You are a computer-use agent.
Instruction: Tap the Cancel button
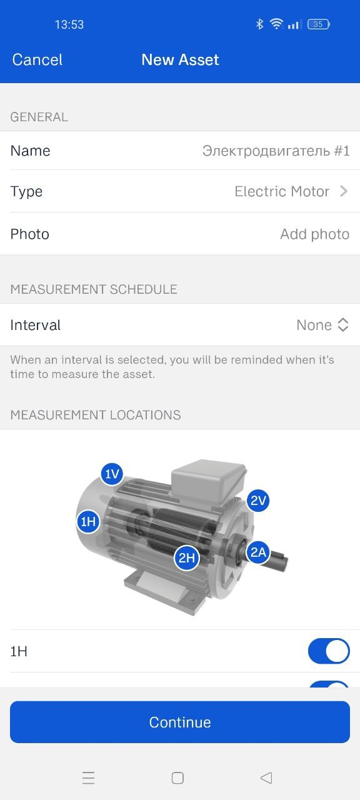coord(37,59)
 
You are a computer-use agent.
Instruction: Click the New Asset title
coord(180,59)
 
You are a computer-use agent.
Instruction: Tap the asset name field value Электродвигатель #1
coord(276,151)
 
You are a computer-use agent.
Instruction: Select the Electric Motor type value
coord(282,191)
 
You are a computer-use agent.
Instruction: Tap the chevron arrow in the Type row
coord(344,191)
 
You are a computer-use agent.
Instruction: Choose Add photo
coord(314,234)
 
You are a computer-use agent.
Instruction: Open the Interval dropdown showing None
coord(322,325)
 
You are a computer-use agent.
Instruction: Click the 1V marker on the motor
coord(112,474)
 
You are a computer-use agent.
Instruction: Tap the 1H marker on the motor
coord(88,522)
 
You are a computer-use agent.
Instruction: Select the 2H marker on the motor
coord(186,557)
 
